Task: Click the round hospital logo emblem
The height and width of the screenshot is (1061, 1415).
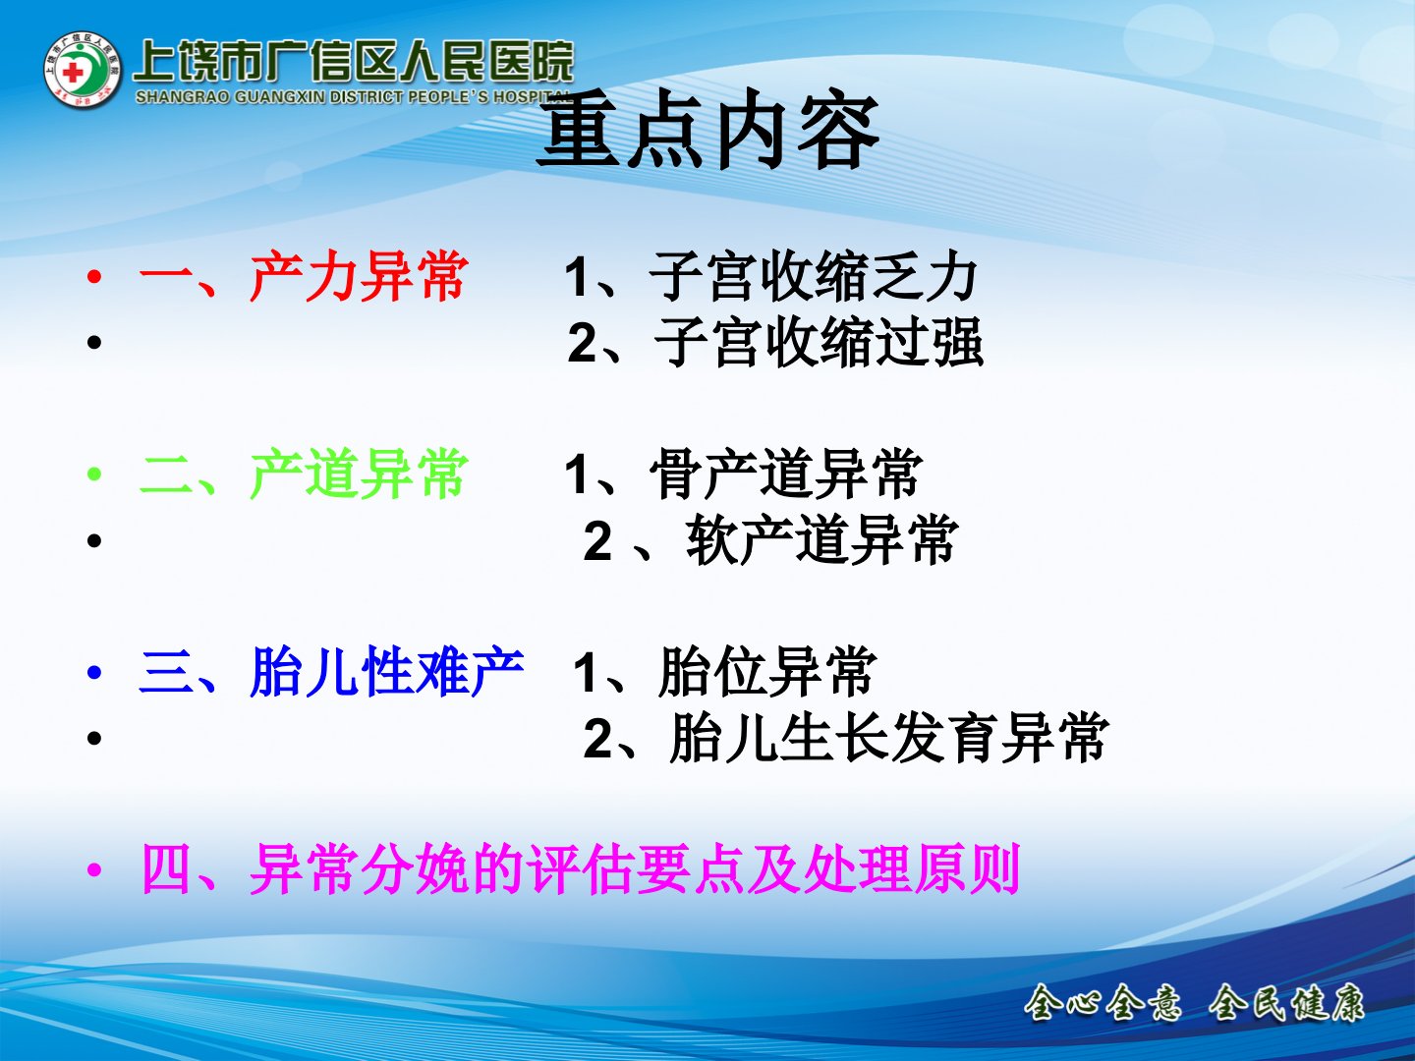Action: coord(83,70)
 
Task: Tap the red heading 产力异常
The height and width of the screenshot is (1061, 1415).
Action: coord(359,277)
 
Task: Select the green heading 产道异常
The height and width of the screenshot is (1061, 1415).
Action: coord(359,475)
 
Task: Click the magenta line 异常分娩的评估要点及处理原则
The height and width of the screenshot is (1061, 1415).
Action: coord(635,869)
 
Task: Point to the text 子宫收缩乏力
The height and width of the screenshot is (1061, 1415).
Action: coord(814,277)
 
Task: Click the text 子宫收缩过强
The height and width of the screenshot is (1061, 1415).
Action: coord(819,342)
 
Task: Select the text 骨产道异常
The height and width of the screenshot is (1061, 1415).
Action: coord(786,475)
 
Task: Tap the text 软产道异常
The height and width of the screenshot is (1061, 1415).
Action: coord(821,540)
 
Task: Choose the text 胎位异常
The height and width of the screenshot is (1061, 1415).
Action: coord(767,672)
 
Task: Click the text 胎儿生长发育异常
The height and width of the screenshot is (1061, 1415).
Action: coord(889,738)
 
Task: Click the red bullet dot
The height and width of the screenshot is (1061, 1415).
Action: coord(94,277)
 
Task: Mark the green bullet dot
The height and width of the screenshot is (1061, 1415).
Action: coord(94,475)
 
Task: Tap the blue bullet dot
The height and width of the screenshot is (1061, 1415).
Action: coord(94,673)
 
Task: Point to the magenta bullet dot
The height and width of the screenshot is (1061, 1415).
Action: coord(94,870)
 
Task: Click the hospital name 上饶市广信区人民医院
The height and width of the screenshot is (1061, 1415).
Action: coord(354,62)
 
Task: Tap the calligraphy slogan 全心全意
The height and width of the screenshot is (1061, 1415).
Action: coord(1103,1003)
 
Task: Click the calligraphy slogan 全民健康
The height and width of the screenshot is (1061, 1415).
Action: coord(1286,1003)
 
